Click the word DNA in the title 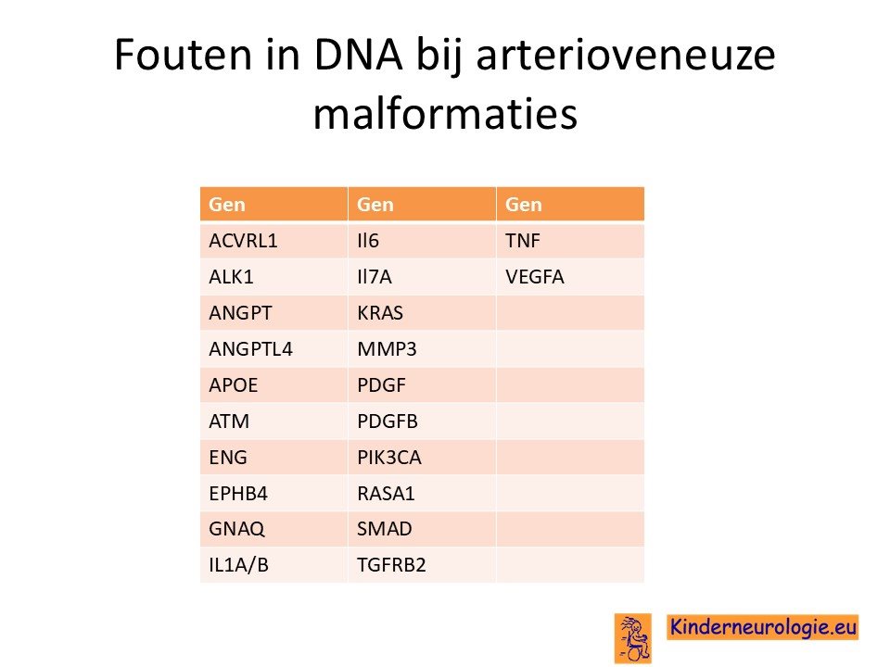(x=359, y=55)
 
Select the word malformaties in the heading (x=446, y=113)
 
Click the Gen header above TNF (x=523, y=204)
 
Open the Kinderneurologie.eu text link (x=763, y=627)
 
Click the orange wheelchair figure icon (x=633, y=638)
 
